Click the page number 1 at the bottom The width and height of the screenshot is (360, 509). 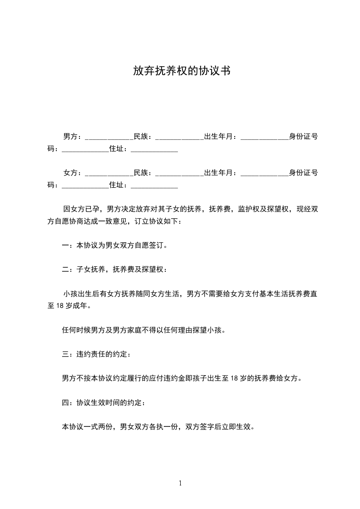[x=180, y=483]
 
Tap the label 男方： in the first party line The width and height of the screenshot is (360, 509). [x=73, y=136]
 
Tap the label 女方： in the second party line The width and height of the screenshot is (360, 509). [x=73, y=173]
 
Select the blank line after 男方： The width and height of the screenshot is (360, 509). [x=108, y=138]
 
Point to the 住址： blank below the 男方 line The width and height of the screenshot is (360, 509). [x=154, y=150]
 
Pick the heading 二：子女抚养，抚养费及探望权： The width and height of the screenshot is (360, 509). [x=115, y=269]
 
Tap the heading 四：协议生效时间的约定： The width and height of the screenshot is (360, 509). [x=104, y=402]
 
